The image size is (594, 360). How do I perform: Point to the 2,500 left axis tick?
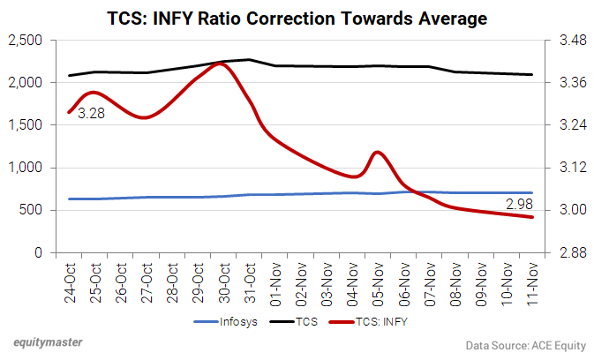point(26,41)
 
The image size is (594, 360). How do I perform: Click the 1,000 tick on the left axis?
point(26,168)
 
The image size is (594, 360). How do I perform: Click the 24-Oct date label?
point(70,283)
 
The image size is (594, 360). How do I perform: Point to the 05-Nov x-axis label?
point(378,283)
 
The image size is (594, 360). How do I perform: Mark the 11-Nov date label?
point(532,283)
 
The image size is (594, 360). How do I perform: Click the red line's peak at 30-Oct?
point(221,63)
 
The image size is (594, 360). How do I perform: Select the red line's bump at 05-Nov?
point(378,152)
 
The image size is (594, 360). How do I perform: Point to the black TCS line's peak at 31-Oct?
point(249,60)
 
